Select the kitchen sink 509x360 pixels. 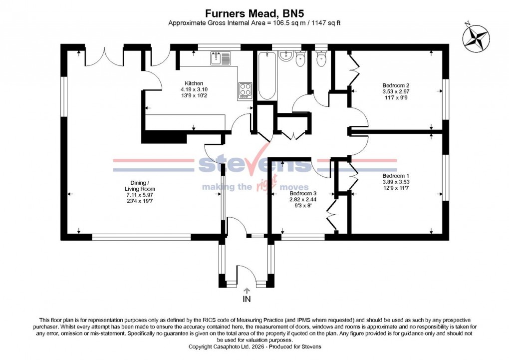(220, 58)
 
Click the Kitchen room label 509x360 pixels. (194, 83)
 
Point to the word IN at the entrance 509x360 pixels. (247, 300)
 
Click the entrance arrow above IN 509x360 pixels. (247, 291)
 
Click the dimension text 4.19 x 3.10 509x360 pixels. (194, 89)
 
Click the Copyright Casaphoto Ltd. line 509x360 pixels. (254, 347)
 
